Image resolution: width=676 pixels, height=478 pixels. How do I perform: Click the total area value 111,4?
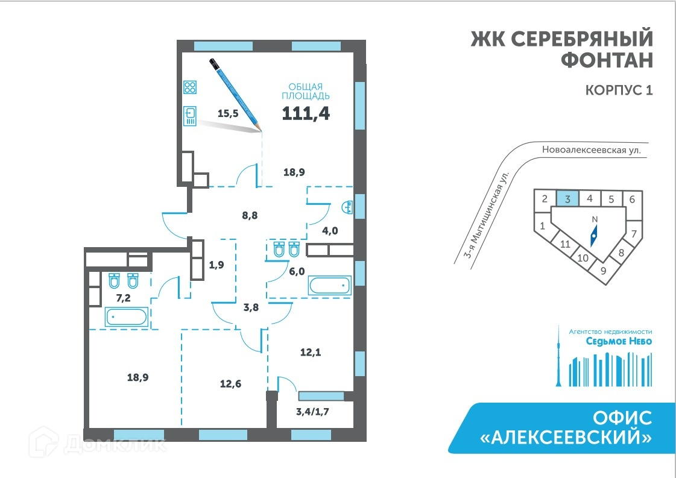point(306,113)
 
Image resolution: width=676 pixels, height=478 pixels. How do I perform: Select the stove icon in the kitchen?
point(191,87)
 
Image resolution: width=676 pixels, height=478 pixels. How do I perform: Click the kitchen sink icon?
point(191,116)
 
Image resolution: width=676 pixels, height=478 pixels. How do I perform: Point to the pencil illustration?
point(235,93)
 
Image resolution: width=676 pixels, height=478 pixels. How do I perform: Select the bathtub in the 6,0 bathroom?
point(329,285)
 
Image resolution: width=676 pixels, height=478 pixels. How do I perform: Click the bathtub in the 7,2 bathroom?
point(126,316)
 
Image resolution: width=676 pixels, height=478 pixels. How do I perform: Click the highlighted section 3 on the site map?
point(567,198)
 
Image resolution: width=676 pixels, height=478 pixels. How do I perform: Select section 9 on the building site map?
point(602,271)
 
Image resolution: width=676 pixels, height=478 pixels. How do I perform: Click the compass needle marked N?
point(594,234)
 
